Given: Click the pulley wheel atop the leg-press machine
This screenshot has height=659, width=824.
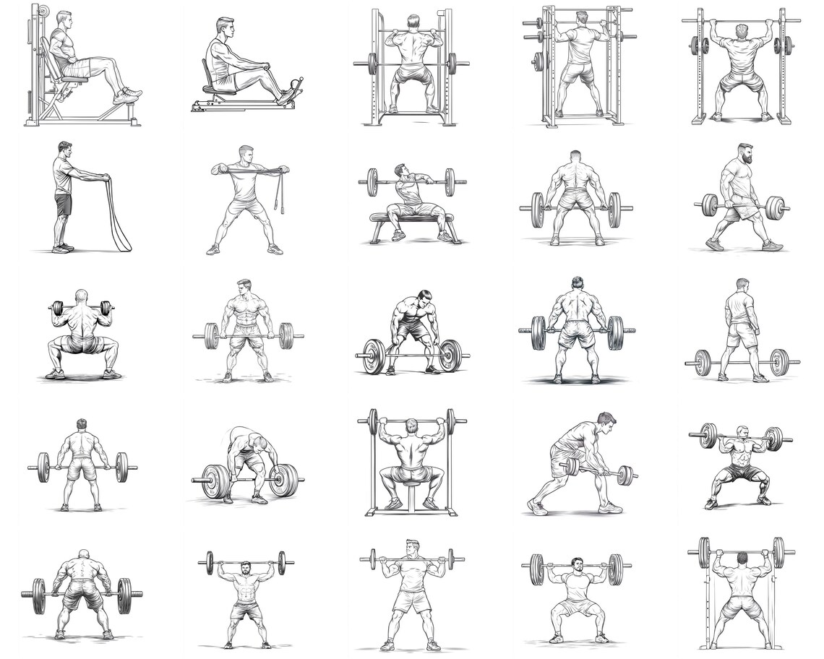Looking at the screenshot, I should click(43, 11).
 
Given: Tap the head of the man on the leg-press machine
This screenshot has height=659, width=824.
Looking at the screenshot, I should click(64, 20).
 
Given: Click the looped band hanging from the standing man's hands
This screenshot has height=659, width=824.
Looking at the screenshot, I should click(119, 217).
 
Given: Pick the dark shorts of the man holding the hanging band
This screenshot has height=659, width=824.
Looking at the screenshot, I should click(63, 205).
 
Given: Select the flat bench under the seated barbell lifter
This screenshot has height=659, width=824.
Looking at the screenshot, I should click(412, 217).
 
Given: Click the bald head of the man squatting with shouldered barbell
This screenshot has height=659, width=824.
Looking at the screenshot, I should click(81, 297).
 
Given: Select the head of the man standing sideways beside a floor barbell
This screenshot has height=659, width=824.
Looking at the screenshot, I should click(742, 285).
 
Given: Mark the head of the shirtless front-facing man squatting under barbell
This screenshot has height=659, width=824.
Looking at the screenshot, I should click(740, 432).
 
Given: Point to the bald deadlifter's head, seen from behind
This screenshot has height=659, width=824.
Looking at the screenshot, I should click(83, 555).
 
